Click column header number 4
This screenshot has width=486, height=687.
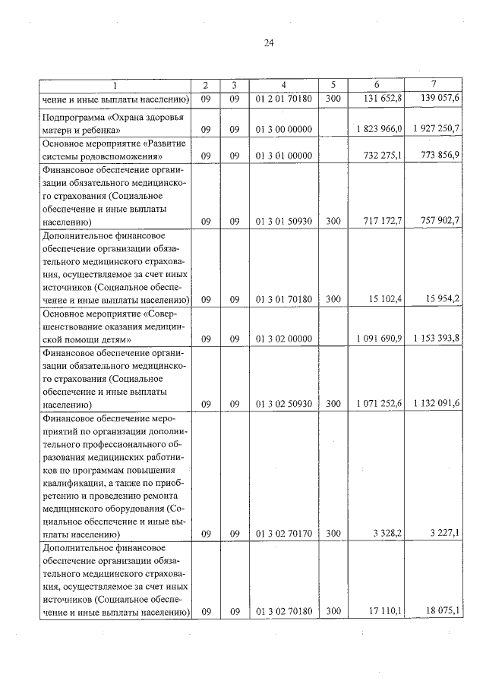click(282, 84)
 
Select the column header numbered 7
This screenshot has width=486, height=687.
click(434, 84)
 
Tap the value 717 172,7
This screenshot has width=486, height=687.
click(383, 222)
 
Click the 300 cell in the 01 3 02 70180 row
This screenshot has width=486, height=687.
click(333, 611)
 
